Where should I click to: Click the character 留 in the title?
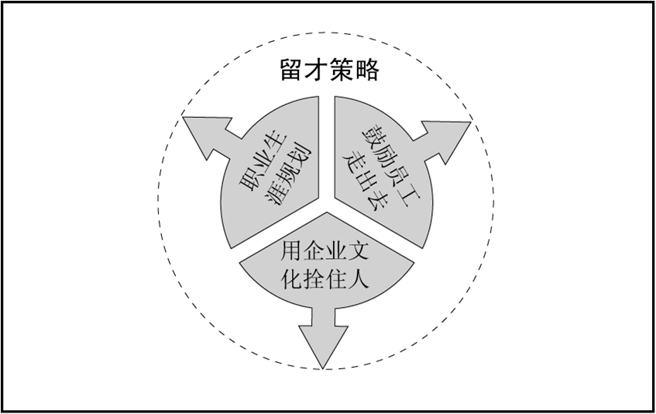point(291,71)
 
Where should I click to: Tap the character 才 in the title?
point(317,71)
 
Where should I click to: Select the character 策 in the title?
point(342,71)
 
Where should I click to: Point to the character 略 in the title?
point(366,71)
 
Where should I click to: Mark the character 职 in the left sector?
point(246,184)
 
